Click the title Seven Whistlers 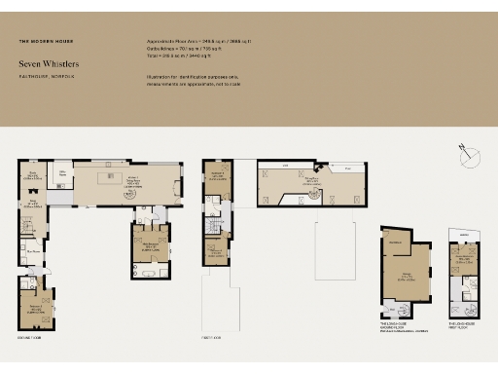point(49,64)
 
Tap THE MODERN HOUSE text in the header point(46,42)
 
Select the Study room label point(32,174)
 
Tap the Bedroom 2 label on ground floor point(35,306)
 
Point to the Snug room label point(32,205)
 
